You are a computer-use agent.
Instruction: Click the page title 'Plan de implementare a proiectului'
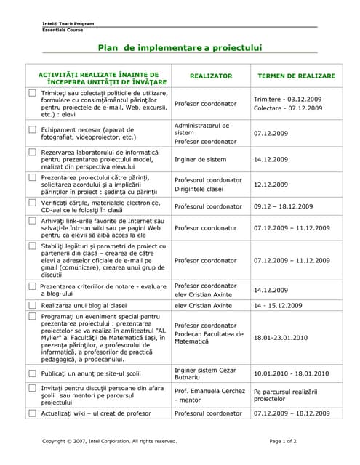coord(180,48)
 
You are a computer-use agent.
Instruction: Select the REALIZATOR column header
coord(211,76)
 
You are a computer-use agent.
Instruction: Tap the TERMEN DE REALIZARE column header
coord(296,76)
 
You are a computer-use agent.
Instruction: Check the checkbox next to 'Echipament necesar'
coord(32,129)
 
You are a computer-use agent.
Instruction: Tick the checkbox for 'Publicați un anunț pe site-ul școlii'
coord(32,373)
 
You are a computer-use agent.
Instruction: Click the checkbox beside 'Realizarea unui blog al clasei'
coord(32,305)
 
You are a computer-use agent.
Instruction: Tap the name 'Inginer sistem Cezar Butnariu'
coord(204,373)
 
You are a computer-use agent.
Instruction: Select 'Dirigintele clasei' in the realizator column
coord(199,189)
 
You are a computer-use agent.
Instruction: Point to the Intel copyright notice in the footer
coord(110,441)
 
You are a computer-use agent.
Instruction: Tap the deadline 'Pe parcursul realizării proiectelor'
coord(286,395)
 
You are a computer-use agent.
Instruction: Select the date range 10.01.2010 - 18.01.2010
coord(291,373)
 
